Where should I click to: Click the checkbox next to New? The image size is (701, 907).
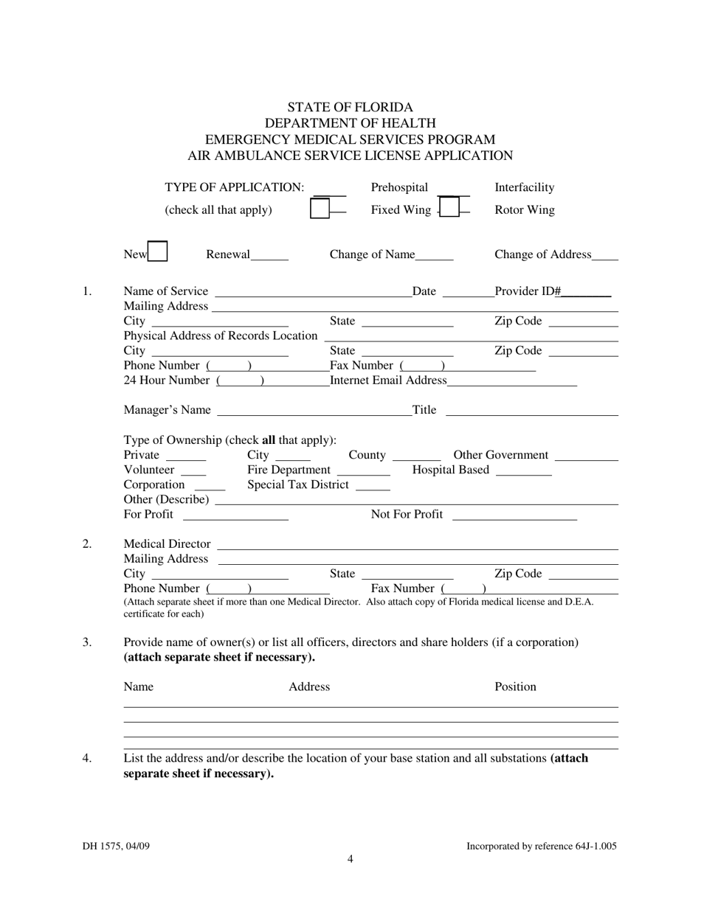tap(157, 252)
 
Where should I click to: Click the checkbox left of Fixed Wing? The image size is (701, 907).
tap(320, 209)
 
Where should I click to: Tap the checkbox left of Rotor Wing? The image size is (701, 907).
tap(450, 209)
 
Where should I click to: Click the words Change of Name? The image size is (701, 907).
tap(373, 255)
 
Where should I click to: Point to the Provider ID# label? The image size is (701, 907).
tap(528, 291)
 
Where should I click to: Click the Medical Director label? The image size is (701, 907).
tap(167, 544)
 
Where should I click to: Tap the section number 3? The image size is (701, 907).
tap(87, 642)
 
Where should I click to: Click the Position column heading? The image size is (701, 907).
tap(515, 687)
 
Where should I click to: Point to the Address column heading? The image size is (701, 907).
tap(309, 687)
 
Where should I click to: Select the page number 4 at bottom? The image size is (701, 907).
tap(350, 858)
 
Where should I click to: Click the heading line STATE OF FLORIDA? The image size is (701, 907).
tap(350, 107)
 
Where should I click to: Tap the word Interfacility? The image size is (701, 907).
tap(525, 188)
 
